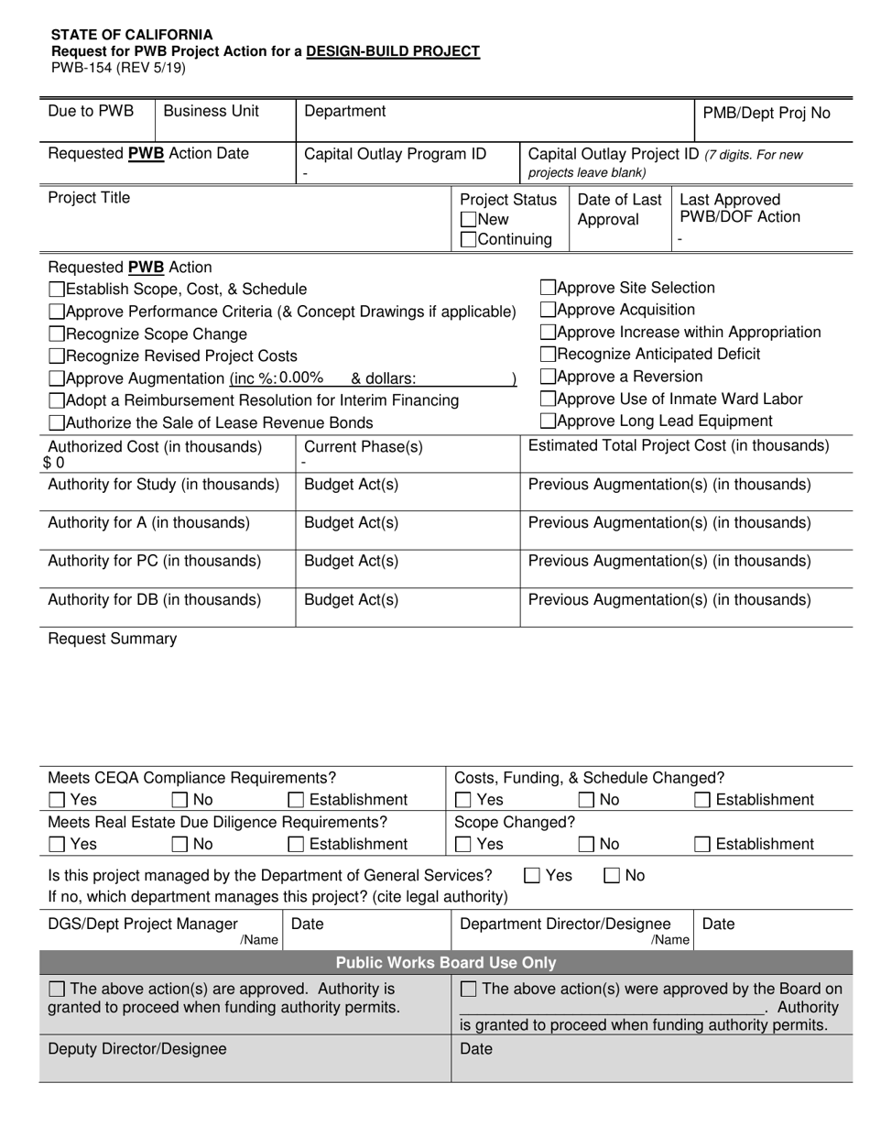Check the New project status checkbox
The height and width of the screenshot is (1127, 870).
[468, 220]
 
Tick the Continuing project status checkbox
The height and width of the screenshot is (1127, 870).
[468, 240]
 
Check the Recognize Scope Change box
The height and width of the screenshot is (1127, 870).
[57, 334]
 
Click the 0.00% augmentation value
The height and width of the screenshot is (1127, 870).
[301, 377]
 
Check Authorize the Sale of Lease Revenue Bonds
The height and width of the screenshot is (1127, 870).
[57, 423]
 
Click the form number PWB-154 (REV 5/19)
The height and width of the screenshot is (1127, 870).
[117, 68]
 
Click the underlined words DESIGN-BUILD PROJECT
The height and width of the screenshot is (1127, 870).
[393, 51]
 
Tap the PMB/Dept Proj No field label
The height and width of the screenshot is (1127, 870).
[766, 114]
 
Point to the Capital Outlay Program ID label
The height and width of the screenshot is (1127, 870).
[395, 154]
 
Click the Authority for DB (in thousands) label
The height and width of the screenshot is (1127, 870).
[154, 600]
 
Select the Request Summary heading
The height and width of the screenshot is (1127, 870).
[112, 639]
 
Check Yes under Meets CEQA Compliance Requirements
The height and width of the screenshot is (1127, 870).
[57, 800]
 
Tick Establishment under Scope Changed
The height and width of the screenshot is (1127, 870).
[702, 844]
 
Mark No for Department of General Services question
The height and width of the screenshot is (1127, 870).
[612, 876]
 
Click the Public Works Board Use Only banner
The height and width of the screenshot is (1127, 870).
[445, 963]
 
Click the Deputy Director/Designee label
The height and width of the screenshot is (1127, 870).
[136, 1049]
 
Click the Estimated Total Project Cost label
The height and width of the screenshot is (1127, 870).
[679, 446]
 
